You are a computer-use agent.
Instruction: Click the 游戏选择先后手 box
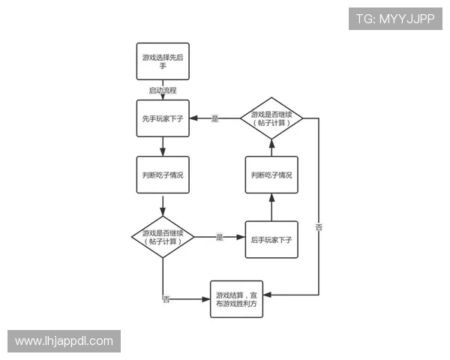click(x=163, y=61)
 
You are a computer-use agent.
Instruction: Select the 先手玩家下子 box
click(x=163, y=118)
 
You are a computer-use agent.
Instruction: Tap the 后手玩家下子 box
click(x=271, y=239)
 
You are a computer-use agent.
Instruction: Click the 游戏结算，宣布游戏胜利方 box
click(x=236, y=299)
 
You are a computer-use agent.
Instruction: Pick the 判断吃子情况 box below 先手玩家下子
click(x=163, y=175)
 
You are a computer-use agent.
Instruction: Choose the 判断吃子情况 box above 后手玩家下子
click(x=271, y=175)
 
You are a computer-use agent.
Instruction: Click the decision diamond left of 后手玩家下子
click(x=163, y=237)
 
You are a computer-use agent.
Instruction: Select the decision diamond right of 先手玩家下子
click(x=271, y=118)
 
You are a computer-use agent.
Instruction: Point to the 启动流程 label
click(x=163, y=91)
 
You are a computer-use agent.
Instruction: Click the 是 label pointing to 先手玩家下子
click(x=215, y=118)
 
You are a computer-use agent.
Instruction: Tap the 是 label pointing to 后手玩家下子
click(x=220, y=237)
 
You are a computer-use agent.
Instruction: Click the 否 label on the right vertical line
click(x=319, y=227)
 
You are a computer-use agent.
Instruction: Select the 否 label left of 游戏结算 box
click(x=166, y=299)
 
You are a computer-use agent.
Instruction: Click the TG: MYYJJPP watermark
click(x=395, y=19)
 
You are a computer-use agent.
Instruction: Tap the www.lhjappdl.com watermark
click(x=64, y=341)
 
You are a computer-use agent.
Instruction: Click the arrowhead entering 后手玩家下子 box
click(x=241, y=237)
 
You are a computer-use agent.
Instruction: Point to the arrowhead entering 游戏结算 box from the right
click(x=267, y=295)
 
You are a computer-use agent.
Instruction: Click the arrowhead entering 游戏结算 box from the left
click(x=206, y=299)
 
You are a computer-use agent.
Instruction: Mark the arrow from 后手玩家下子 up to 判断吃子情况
click(x=271, y=207)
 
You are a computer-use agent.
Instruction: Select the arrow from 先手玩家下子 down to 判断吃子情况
click(x=163, y=147)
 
